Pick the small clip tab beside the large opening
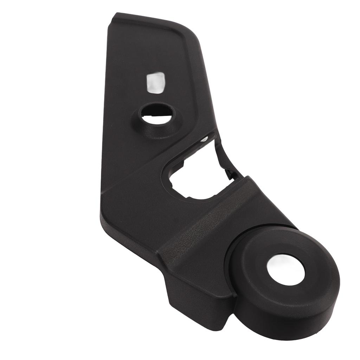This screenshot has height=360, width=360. point(230,173)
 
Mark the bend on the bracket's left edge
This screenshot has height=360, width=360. point(102,207)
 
